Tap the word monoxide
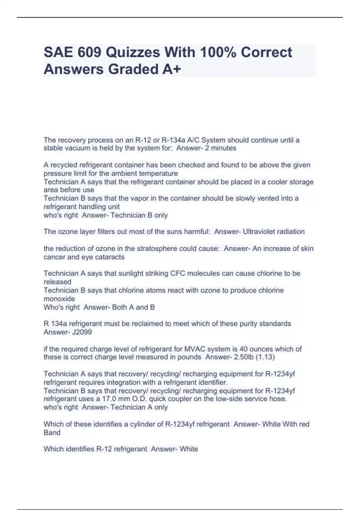click(x=59, y=299)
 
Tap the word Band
click(x=52, y=433)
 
